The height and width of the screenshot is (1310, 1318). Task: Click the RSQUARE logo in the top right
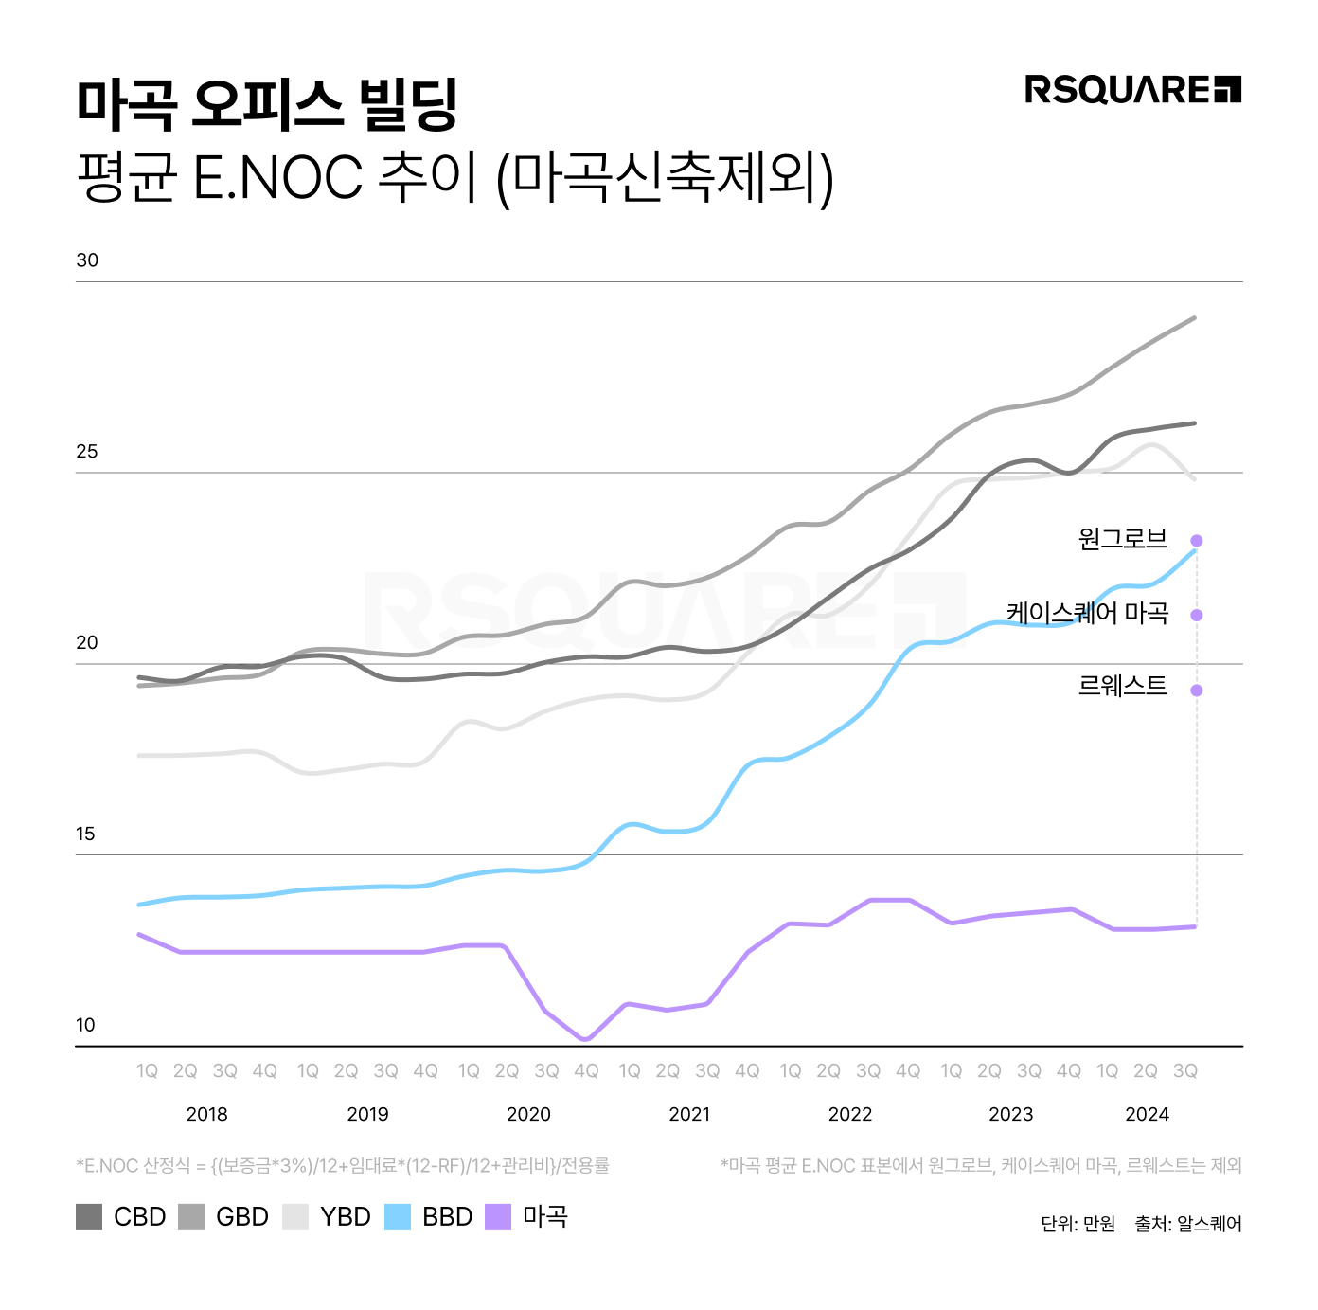click(x=1132, y=90)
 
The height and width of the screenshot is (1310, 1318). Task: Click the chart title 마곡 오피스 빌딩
click(x=267, y=104)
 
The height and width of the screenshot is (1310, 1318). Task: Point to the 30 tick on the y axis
click(x=87, y=260)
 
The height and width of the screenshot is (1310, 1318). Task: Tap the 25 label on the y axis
click(x=87, y=452)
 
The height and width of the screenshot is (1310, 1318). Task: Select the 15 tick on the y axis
click(x=86, y=834)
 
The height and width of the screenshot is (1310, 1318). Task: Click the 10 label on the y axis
click(x=86, y=1025)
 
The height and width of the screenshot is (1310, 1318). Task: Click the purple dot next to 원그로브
click(x=1197, y=541)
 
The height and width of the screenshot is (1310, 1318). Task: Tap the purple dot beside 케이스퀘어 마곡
click(x=1197, y=616)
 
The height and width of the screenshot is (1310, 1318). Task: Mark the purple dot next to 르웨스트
click(x=1197, y=691)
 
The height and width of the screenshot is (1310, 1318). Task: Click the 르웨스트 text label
click(x=1123, y=686)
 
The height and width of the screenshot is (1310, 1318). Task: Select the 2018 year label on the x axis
click(x=207, y=1115)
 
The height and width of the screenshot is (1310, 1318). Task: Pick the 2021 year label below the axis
click(x=689, y=1115)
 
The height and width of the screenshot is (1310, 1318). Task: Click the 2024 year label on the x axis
click(x=1147, y=1115)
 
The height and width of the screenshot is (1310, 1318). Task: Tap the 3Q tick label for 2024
click(x=1185, y=1071)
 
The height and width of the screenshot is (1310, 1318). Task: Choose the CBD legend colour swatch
click(x=89, y=1217)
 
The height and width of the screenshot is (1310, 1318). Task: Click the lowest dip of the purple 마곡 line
click(x=585, y=1039)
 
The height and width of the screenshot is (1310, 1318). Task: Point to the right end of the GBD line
click(x=1195, y=318)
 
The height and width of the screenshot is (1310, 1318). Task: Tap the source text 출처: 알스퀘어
click(x=1188, y=1225)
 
